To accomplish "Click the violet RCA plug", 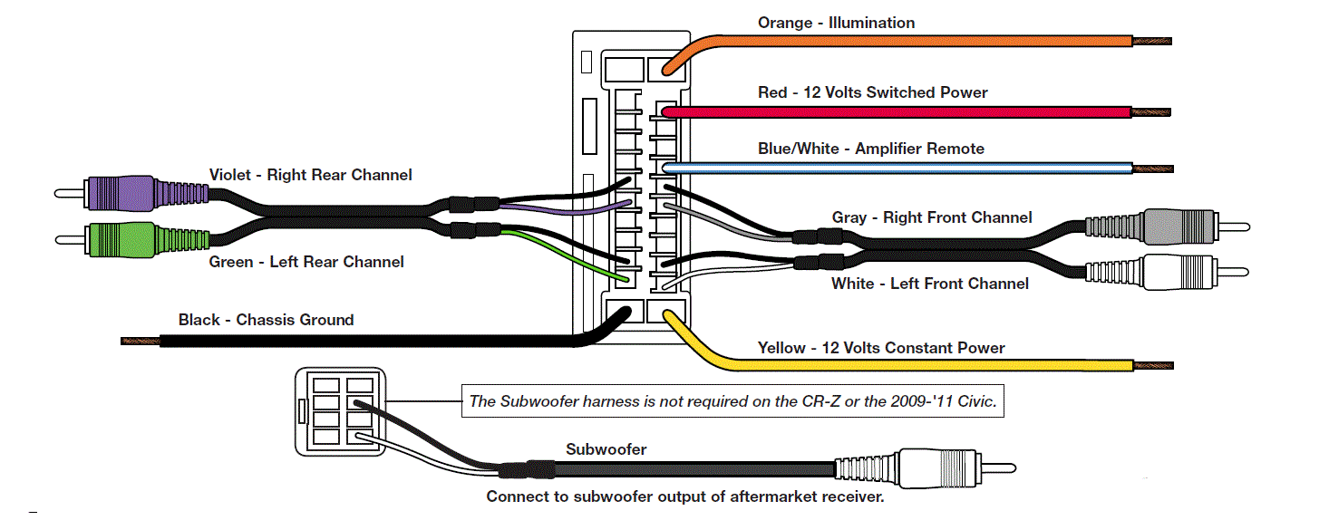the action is [131, 193].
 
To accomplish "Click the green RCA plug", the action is [131, 239].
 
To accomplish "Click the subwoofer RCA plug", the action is [926, 468].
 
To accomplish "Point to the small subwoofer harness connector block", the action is [341, 411].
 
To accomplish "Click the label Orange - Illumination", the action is [836, 23].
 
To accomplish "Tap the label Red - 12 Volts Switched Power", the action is [873, 92].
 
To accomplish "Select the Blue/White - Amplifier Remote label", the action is [871, 149].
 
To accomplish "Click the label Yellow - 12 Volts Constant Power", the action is [881, 347].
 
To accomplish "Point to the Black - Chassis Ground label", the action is [266, 320].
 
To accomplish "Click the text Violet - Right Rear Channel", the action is [310, 175].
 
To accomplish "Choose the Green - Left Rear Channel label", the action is [306, 262].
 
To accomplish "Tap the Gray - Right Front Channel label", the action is [932, 217].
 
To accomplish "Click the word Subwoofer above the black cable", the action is [606, 449].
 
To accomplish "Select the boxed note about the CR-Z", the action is [732, 401].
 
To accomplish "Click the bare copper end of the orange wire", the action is [1152, 41].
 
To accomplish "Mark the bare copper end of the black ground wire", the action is [141, 341].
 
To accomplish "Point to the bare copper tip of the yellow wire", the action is [1153, 365].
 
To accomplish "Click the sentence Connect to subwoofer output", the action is [685, 496].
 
